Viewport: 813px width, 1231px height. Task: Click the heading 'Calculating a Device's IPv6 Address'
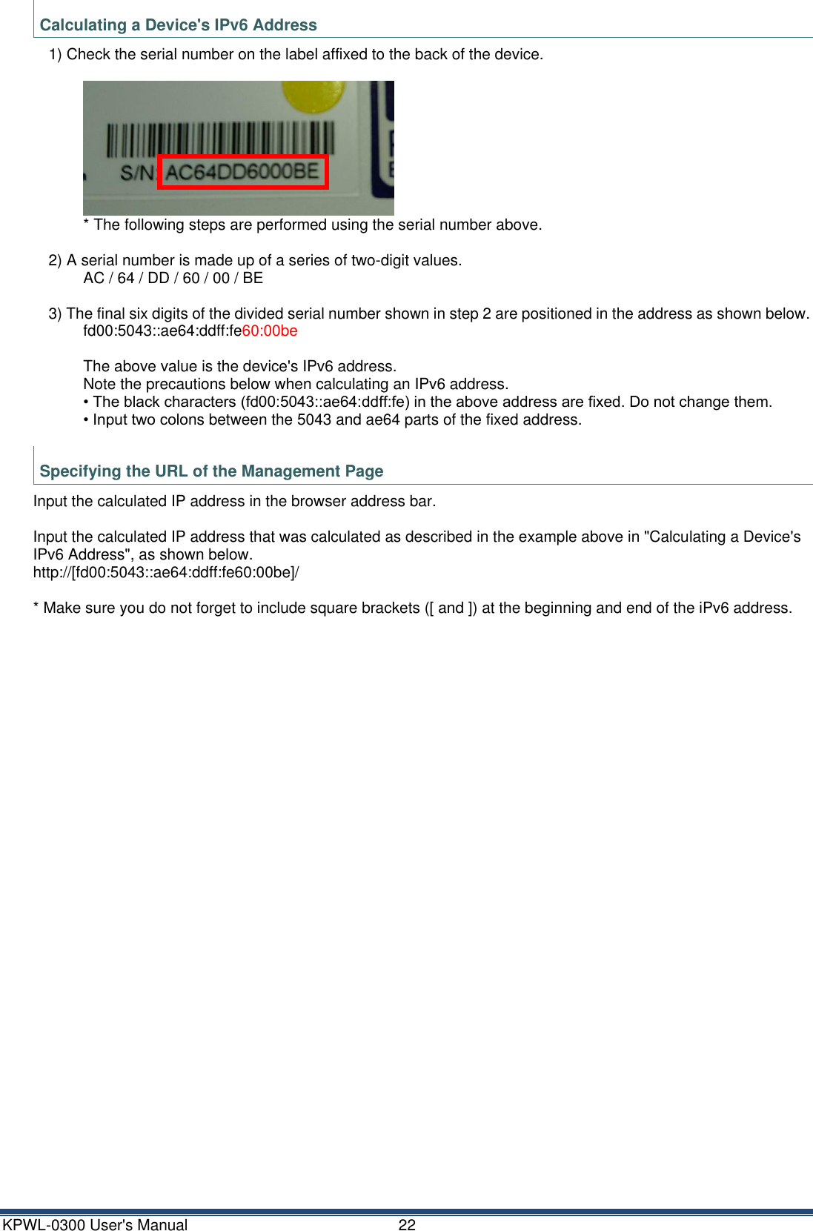(178, 25)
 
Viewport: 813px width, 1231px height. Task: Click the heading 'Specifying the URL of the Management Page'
(211, 471)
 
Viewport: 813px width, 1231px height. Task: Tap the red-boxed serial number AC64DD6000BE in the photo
(242, 173)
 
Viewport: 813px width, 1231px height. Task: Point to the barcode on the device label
(220, 139)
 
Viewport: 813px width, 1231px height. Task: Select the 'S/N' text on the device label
(137, 173)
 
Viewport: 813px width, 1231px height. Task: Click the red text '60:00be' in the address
(270, 331)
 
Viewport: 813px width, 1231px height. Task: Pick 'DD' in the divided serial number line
(159, 279)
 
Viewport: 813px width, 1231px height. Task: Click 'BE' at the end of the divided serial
(253, 279)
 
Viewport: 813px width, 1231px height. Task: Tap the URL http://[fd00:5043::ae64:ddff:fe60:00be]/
(166, 572)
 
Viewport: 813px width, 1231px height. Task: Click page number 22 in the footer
(407, 1225)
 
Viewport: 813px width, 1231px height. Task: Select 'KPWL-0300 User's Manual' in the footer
(96, 1225)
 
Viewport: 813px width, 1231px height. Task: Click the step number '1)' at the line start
(56, 55)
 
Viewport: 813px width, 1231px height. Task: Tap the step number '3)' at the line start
(56, 314)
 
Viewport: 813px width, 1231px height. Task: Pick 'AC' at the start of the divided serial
(94, 279)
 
